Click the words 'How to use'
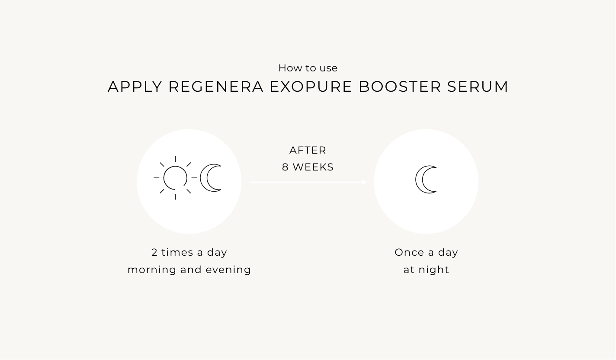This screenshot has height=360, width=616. tap(308, 68)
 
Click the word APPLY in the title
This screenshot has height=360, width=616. tap(135, 87)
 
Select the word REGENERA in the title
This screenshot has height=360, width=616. tap(216, 87)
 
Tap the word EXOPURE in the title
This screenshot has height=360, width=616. tap(311, 87)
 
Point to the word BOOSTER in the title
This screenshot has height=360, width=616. tap(400, 87)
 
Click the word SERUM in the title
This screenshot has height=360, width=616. tap(478, 87)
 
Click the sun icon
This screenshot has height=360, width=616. tap(175, 178)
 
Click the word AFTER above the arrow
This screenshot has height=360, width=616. tap(308, 150)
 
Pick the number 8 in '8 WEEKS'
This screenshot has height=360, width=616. tap(285, 167)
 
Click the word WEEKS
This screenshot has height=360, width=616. tap(313, 167)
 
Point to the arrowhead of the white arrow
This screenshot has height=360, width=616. tap(364, 182)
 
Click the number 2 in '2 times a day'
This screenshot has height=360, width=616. tap(154, 252)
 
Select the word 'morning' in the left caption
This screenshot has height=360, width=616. tap(152, 270)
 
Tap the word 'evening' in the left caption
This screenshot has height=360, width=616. tap(228, 270)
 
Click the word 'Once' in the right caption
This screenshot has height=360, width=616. tap(409, 252)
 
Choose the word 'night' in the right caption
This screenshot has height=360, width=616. tap(434, 270)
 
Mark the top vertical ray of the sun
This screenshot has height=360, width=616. tap(175, 159)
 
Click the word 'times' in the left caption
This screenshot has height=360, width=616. tap(175, 252)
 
